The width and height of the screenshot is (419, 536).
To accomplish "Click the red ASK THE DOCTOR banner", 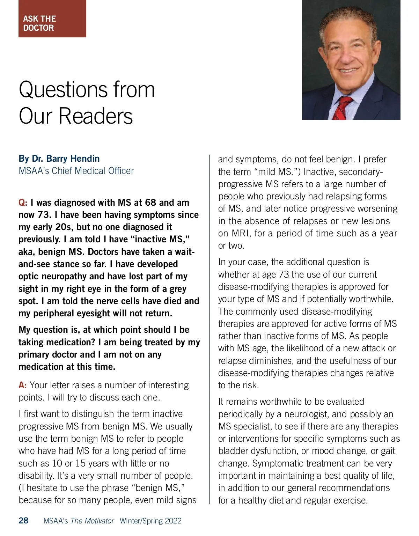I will tap(52, 19).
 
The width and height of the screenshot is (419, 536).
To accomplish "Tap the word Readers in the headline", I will tap(96, 116).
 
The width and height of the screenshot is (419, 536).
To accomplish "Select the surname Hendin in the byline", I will tap(85, 159).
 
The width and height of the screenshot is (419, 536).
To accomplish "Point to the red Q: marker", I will tap(23, 203).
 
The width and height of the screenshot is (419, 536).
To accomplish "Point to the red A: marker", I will tap(23, 385).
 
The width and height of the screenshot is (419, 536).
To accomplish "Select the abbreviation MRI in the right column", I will tap(241, 233).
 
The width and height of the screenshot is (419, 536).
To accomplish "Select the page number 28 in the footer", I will tap(24, 521).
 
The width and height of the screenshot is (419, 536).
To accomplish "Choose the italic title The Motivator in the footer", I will tap(92, 521).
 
